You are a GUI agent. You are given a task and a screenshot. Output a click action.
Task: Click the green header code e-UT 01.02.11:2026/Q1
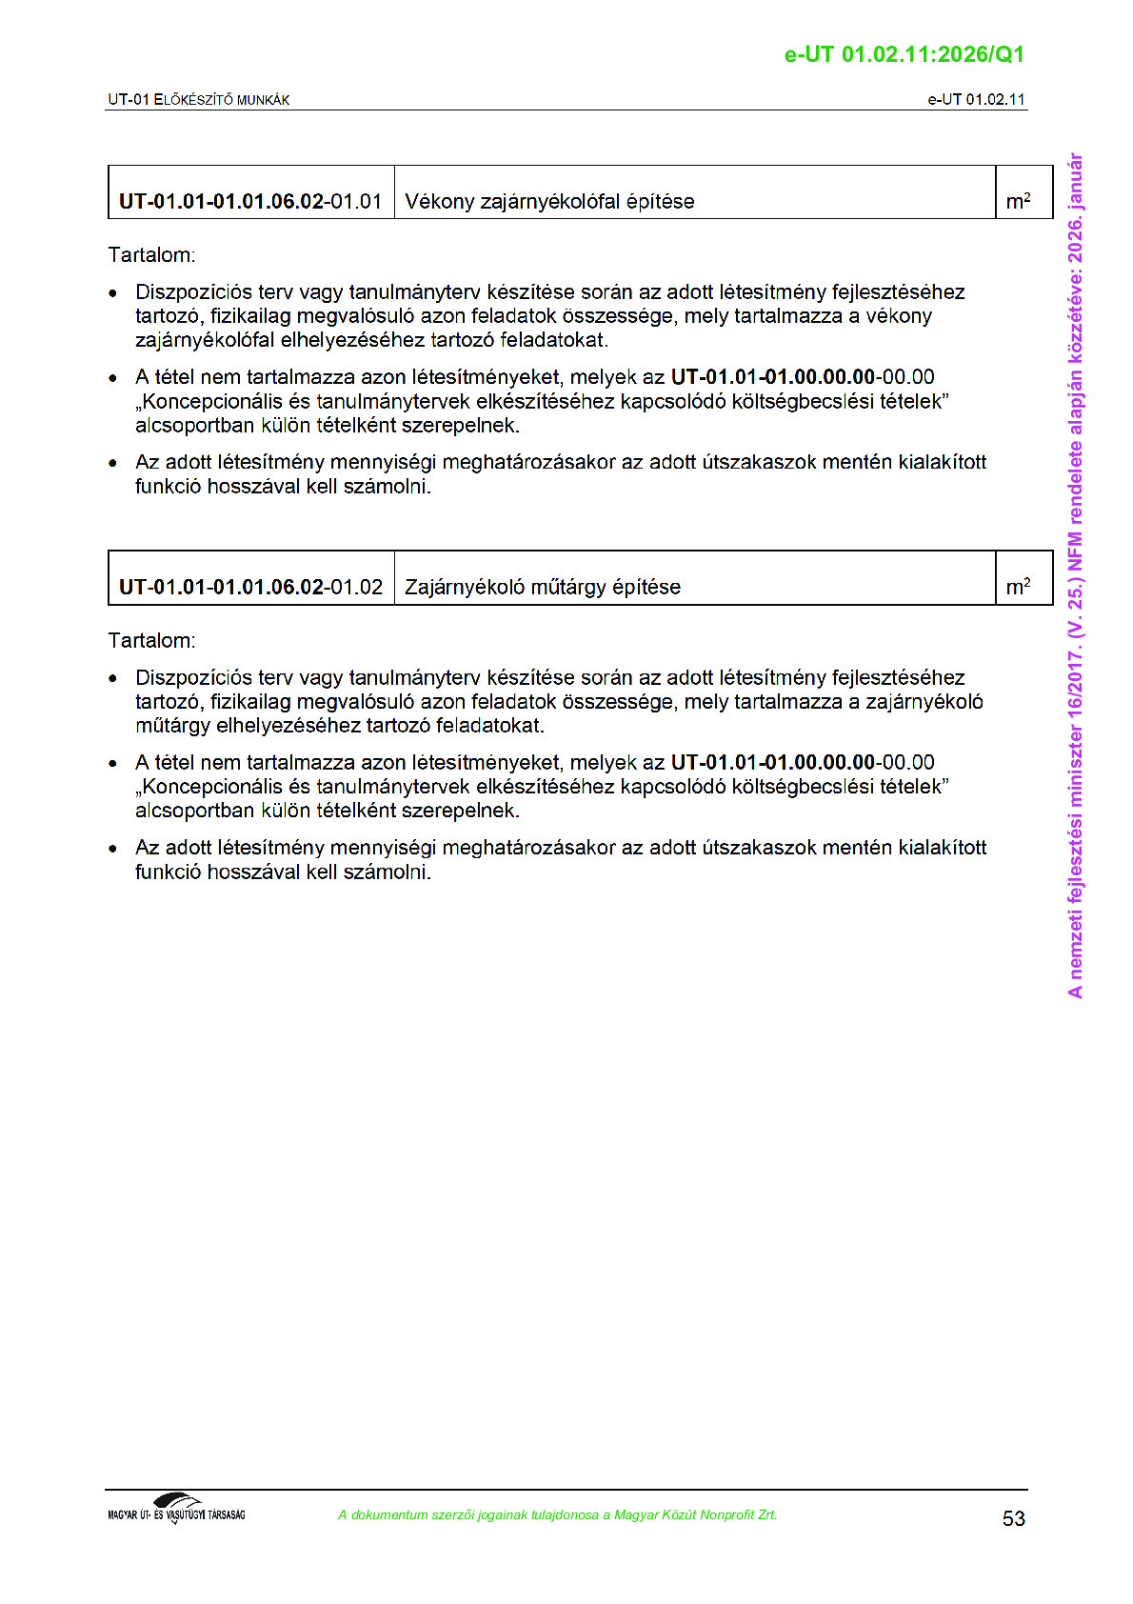pyautogui.click(x=904, y=54)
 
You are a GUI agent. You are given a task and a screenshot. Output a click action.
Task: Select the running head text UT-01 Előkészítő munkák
pyautogui.click(x=198, y=100)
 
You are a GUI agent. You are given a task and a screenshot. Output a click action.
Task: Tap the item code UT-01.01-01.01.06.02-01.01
pyautogui.click(x=249, y=202)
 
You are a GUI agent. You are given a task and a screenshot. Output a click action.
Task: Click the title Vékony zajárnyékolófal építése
pyautogui.click(x=549, y=202)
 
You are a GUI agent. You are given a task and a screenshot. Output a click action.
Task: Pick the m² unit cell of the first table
pyautogui.click(x=1018, y=201)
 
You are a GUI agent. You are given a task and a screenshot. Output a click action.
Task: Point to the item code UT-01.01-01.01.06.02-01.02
pyautogui.click(x=250, y=587)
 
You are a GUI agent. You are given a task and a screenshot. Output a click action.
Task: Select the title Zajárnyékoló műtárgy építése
pyautogui.click(x=543, y=587)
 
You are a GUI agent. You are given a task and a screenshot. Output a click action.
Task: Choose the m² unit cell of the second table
pyautogui.click(x=1018, y=587)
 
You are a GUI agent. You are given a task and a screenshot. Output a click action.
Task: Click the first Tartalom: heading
pyautogui.click(x=151, y=255)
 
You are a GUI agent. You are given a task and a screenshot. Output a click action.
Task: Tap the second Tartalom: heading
pyautogui.click(x=151, y=640)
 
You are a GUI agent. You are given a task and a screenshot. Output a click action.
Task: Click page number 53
pyautogui.click(x=1013, y=1518)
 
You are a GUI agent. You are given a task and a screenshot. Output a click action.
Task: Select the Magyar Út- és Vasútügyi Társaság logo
pyautogui.click(x=176, y=1509)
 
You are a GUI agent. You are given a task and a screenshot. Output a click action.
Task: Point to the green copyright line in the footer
pyautogui.click(x=557, y=1514)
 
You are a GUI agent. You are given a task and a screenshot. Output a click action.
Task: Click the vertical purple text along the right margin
pyautogui.click(x=1075, y=575)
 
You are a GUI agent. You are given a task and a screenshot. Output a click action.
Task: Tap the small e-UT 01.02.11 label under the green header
pyautogui.click(x=976, y=100)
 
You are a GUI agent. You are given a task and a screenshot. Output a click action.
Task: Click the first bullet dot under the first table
pyautogui.click(x=113, y=293)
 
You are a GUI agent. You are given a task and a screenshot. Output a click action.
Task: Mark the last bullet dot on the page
pyautogui.click(x=113, y=849)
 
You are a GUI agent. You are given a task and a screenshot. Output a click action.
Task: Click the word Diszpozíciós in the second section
pyautogui.click(x=193, y=677)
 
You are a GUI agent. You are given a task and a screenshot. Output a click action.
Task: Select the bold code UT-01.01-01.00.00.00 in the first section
pyautogui.click(x=772, y=377)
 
